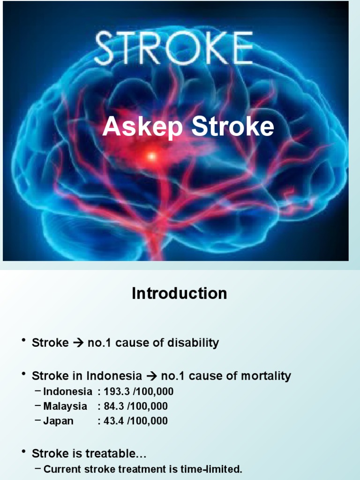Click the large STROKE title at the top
tap(174, 48)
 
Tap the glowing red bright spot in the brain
tap(151, 156)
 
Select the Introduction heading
tap(180, 293)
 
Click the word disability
tap(195, 343)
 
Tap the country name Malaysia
tap(65, 406)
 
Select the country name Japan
tap(59, 421)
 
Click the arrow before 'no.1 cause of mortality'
tap(151, 376)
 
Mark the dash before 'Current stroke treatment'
tap(38, 469)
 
